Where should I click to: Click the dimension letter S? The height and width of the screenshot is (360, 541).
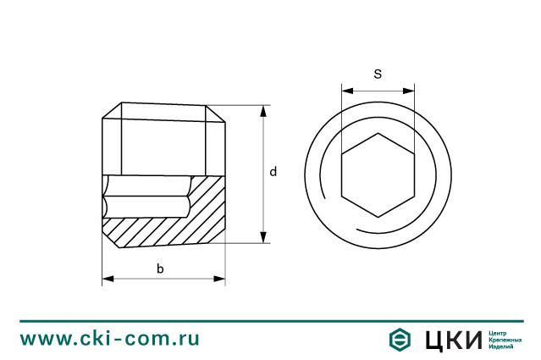point(378,74)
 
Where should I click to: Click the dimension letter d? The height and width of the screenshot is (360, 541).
point(273,172)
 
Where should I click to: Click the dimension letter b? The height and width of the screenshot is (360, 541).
point(160,269)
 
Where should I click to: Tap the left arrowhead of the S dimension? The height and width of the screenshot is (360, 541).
point(347,91)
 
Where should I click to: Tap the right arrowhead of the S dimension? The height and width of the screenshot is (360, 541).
point(409,91)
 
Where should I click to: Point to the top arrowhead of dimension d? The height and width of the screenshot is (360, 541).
point(263,112)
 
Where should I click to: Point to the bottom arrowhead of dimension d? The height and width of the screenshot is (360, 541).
point(263,237)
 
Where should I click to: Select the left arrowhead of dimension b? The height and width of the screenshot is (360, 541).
point(108,279)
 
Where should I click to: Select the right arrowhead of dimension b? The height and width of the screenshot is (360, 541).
point(219,279)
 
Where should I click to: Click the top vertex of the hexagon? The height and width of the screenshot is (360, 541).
point(378,133)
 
